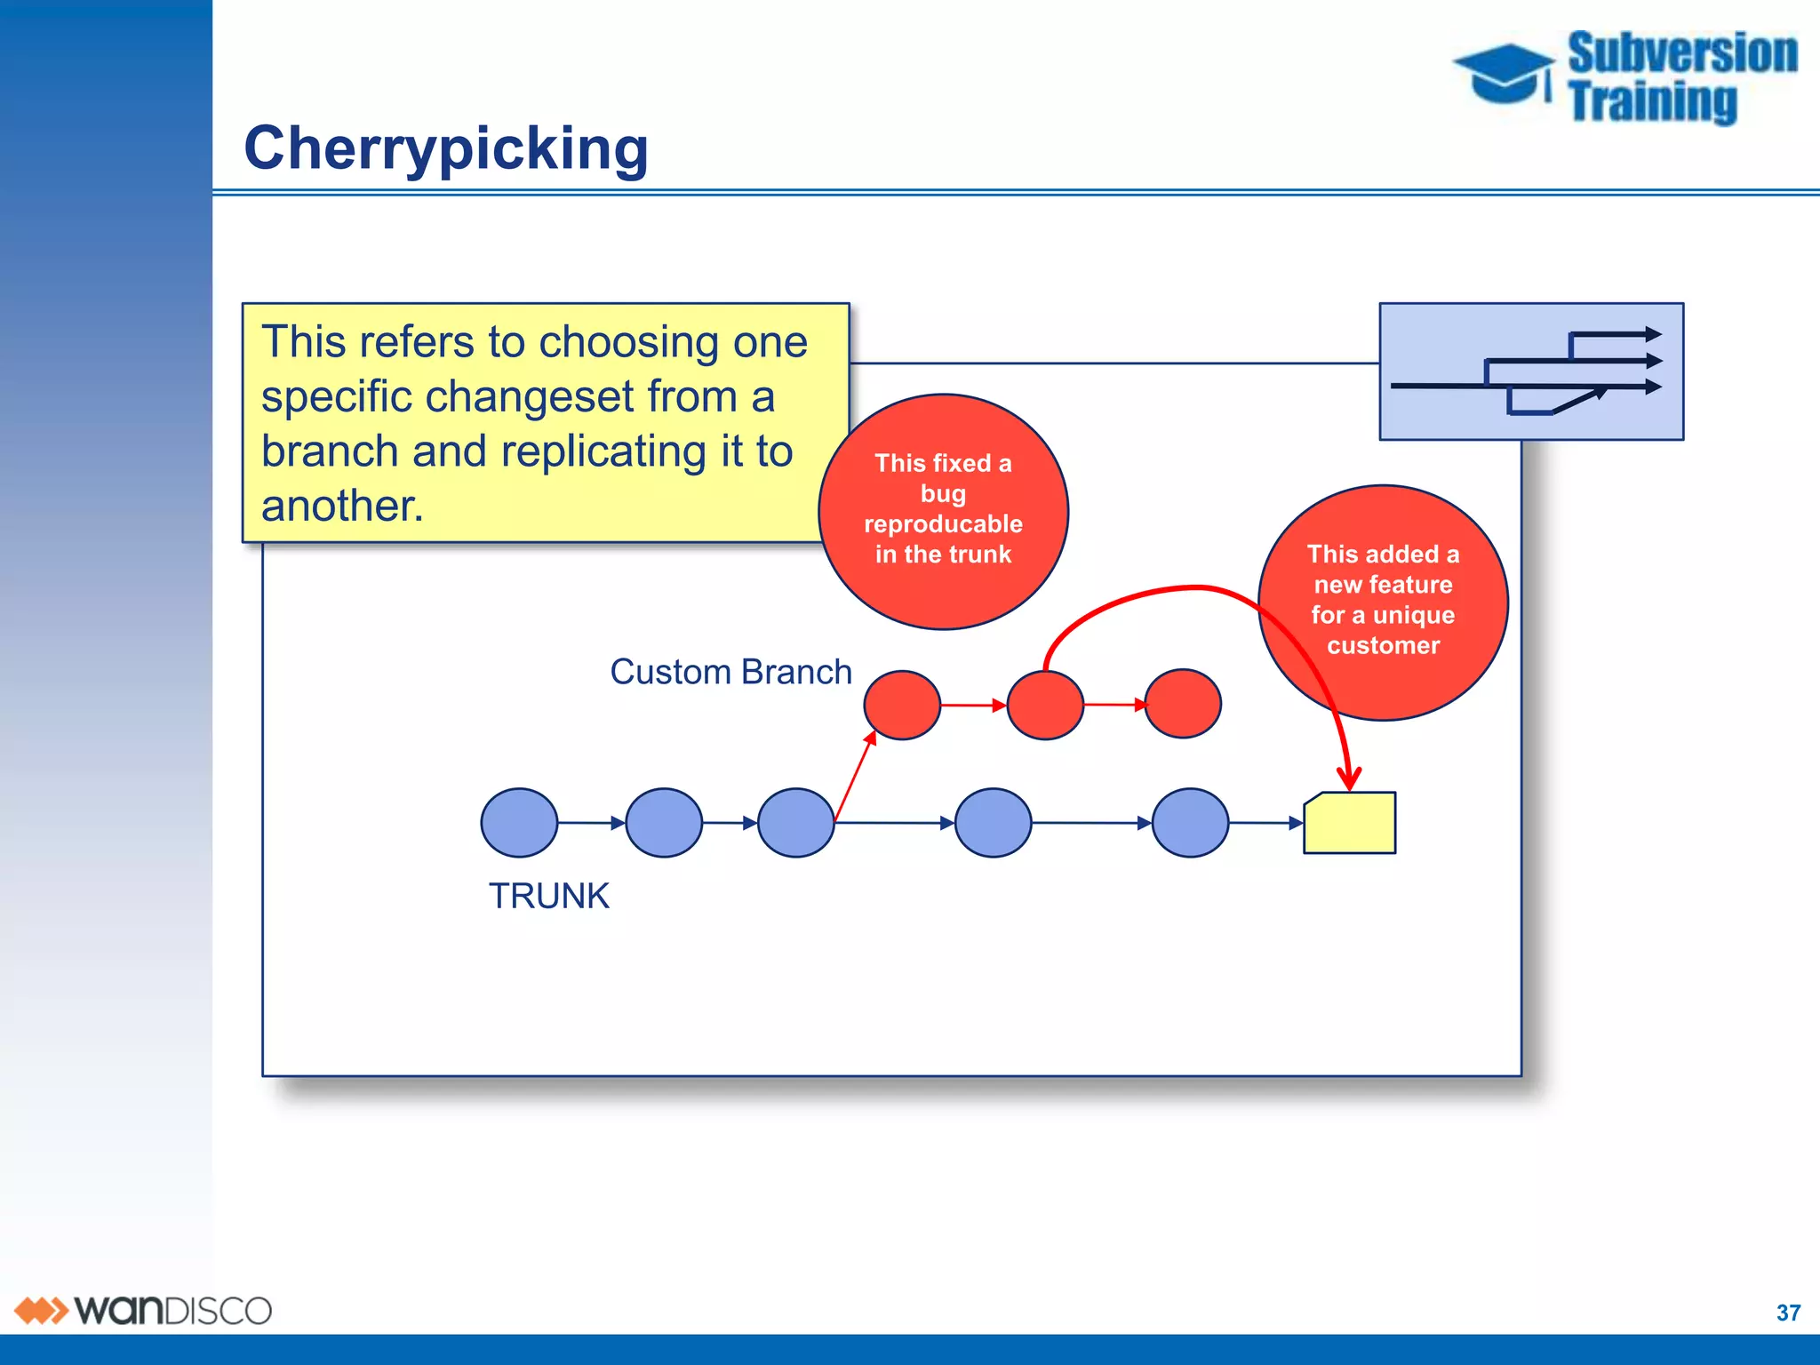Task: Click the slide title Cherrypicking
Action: [x=446, y=148]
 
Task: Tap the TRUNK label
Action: [x=548, y=896]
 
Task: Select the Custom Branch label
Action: [x=730, y=672]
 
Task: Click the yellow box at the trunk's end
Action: [x=1350, y=824]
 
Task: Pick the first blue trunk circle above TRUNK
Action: [x=519, y=823]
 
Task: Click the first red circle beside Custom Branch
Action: [x=902, y=706]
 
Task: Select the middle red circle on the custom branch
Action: [x=1045, y=706]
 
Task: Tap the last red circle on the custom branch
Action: [x=1183, y=704]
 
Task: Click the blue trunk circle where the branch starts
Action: [x=796, y=823]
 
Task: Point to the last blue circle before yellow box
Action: [x=1190, y=823]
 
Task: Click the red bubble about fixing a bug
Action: [x=943, y=512]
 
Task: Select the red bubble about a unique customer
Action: [x=1383, y=603]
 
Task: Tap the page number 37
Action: [x=1788, y=1313]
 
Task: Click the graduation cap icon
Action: [x=1504, y=75]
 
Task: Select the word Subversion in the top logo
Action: [x=1681, y=53]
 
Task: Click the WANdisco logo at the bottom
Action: [x=142, y=1311]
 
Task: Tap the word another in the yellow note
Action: [x=342, y=506]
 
